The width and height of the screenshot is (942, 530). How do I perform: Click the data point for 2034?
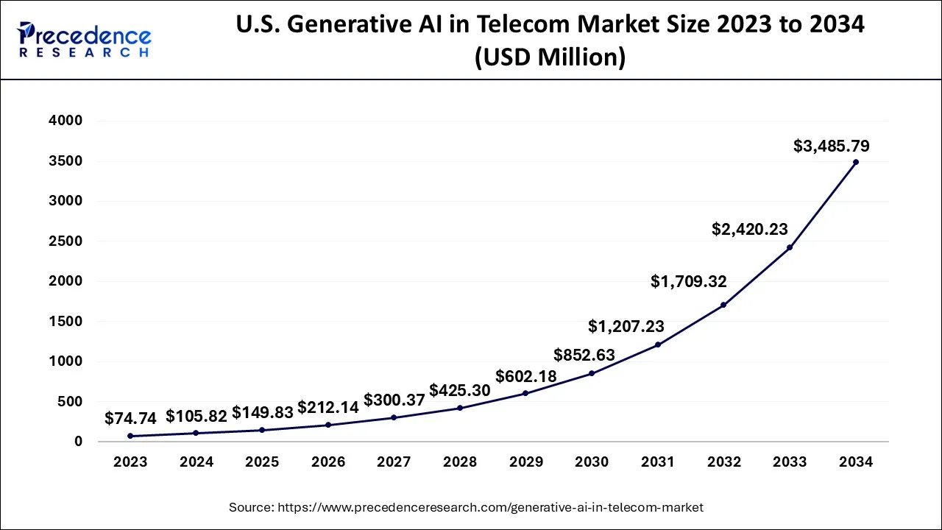coord(855,162)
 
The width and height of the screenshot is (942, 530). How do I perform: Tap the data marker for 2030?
coord(592,373)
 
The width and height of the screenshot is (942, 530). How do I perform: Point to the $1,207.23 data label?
coord(626,326)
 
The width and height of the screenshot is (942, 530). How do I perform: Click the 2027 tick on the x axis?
coord(394,462)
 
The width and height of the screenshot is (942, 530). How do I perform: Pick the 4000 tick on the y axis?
coord(65,121)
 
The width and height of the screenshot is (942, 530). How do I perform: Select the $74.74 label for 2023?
coord(130,418)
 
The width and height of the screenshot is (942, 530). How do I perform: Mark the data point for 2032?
coord(723,305)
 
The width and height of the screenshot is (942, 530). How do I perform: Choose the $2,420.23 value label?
coord(750,229)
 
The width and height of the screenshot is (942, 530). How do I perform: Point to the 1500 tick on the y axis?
coord(65,322)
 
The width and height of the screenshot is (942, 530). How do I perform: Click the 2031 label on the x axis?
coord(657,462)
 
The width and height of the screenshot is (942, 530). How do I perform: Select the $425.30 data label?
coord(460,390)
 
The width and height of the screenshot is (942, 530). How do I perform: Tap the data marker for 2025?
coord(262,430)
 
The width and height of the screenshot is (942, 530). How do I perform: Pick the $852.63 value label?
coord(585,355)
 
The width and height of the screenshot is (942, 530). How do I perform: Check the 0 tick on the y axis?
coord(77,442)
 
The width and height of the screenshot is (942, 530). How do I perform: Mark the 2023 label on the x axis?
coord(130,462)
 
